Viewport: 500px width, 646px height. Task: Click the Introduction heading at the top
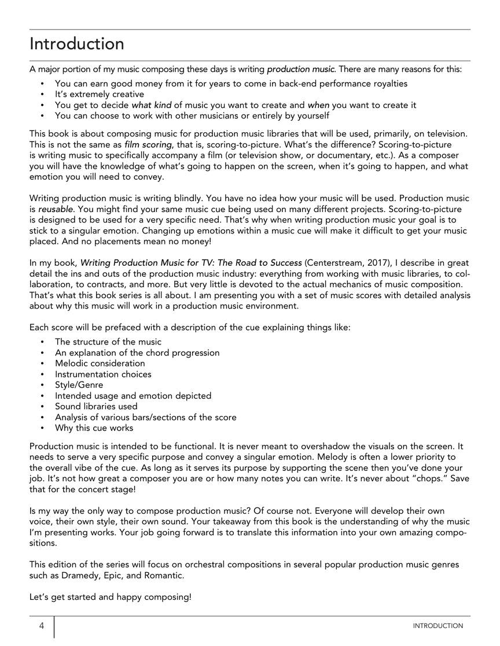tap(76, 44)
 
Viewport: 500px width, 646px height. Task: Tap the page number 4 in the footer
tap(42, 626)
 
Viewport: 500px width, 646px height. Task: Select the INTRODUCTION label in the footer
tap(437, 626)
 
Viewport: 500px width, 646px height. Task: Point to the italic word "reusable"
tap(58, 209)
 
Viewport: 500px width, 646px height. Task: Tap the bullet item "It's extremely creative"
tap(100, 94)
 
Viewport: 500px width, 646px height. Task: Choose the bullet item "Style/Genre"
tap(79, 385)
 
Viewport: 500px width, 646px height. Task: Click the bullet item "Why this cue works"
tap(94, 428)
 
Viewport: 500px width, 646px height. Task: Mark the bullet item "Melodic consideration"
tap(100, 363)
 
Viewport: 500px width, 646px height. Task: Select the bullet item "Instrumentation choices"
tap(103, 374)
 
